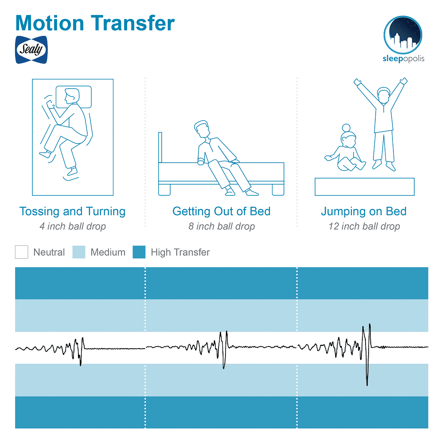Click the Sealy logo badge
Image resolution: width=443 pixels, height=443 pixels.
31,50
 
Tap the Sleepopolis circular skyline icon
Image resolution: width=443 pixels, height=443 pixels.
403,35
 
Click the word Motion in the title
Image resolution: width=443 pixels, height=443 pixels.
50,23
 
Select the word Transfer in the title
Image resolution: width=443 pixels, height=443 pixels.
132,23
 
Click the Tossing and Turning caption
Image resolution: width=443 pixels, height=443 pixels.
72,211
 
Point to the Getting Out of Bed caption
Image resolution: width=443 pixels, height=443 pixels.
221,211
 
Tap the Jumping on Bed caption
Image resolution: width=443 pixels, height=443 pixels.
364,211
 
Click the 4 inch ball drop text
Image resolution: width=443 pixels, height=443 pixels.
73,226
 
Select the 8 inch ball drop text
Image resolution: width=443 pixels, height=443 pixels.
222,226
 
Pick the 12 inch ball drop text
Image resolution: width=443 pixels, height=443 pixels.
364,226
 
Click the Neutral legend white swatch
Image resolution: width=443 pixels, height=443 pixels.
21,252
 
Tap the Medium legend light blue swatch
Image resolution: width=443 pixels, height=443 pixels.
79,252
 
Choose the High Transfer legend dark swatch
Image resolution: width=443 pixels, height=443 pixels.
139,252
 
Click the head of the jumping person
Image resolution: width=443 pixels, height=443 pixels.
384,95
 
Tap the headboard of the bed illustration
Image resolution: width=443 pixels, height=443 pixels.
160,147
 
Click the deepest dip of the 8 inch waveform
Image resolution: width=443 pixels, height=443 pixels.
224,368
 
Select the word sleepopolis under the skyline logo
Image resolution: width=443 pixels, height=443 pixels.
404,58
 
